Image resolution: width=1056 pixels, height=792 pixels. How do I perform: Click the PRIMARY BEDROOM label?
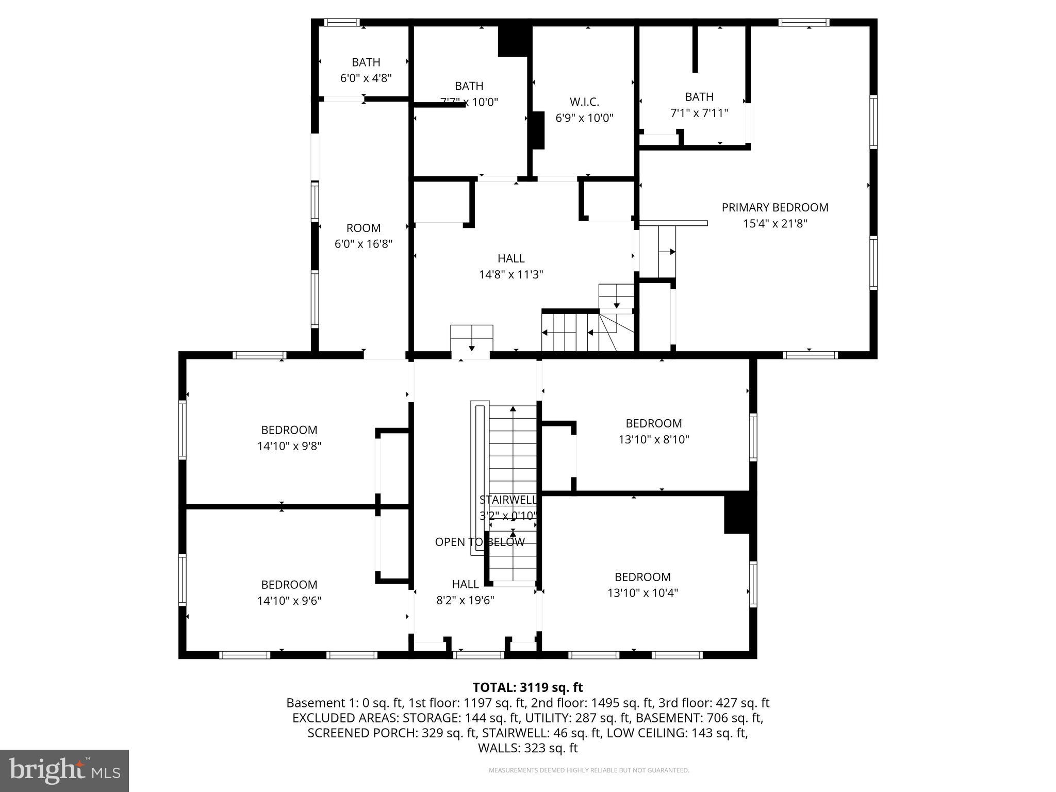pos(774,207)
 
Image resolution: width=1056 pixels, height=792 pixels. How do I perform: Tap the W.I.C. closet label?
pos(584,102)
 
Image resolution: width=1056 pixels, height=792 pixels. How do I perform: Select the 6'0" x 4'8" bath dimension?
pos(366,78)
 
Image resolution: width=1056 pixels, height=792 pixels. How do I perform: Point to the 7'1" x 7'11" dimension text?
pos(699,113)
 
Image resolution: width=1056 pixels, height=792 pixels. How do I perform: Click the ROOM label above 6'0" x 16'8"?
pos(363,228)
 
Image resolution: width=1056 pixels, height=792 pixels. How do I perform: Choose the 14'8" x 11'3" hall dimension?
pos(511,274)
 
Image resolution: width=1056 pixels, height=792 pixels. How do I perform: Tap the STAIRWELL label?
pos(507,500)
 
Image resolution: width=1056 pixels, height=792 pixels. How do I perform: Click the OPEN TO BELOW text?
pos(480,542)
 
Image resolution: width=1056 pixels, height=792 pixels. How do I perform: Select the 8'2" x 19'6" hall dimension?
pos(465,600)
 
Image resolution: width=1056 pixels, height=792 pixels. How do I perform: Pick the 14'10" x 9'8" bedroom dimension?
pos(289,446)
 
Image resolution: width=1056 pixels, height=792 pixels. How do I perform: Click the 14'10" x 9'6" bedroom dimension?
pos(289,601)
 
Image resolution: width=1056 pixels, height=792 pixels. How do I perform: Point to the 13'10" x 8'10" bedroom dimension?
pos(653,439)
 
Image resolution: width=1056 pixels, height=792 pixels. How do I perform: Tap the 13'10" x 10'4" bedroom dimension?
pos(642,593)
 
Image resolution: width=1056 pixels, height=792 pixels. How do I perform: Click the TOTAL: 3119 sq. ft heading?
pos(527,687)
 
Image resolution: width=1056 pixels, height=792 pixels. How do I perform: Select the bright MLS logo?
pos(64,771)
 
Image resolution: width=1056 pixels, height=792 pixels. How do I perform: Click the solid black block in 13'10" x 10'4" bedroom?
pos(736,513)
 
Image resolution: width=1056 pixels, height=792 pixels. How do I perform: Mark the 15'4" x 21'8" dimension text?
pos(774,224)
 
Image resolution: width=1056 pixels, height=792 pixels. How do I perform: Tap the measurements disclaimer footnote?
pos(588,770)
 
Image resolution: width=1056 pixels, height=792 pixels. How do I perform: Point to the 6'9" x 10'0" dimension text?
pos(584,118)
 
